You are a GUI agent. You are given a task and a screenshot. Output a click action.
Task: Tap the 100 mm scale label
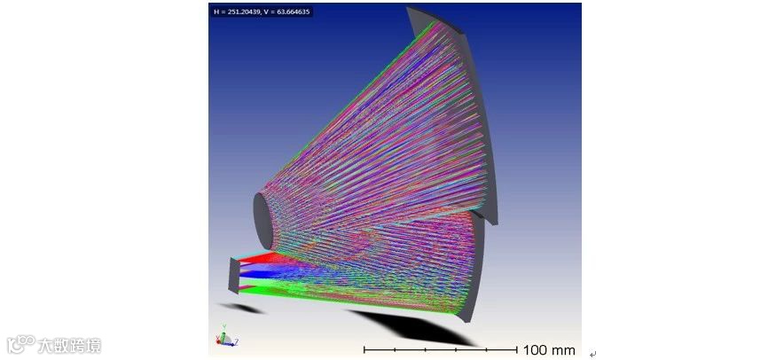[x=549, y=350]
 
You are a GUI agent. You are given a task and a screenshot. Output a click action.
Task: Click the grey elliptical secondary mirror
[x=263, y=222]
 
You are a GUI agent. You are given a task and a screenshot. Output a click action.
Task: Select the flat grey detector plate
[x=235, y=277]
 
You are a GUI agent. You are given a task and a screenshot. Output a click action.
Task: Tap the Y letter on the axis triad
[x=223, y=325]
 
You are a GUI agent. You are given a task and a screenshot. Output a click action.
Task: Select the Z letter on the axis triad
[x=237, y=341]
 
